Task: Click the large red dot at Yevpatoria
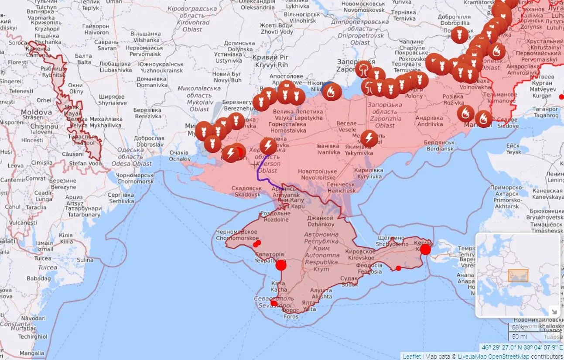(281, 265)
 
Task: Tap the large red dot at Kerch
(425, 249)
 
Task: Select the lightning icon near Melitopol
(369, 138)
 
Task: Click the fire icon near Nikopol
(333, 92)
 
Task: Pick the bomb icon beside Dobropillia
(459, 34)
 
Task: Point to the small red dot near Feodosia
(398, 268)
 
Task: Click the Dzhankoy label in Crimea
(321, 221)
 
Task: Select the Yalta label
(309, 306)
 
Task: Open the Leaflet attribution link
(412, 356)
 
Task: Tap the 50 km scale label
(519, 327)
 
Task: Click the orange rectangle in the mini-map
(518, 275)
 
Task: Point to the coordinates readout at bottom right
(521, 348)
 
